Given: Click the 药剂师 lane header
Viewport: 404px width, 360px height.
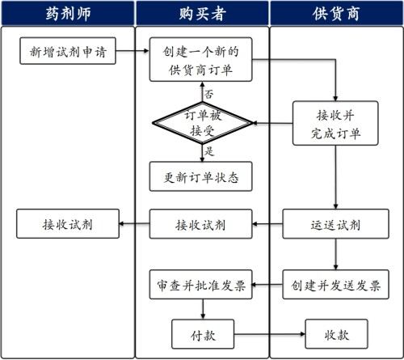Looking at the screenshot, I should [66, 15].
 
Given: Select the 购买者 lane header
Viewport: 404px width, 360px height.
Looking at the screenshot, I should [200, 15].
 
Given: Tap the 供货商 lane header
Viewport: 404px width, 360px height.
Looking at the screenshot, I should [335, 15].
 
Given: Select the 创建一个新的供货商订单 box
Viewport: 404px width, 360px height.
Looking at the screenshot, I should [201, 60].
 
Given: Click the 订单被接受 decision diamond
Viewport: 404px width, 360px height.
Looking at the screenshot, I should [201, 123].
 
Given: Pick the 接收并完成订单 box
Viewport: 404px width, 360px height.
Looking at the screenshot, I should [335, 123].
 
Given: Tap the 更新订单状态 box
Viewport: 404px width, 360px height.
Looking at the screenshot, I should [201, 176].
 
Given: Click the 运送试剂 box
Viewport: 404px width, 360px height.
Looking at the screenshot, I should [335, 223].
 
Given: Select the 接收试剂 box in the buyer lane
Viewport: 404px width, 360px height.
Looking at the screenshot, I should [201, 223].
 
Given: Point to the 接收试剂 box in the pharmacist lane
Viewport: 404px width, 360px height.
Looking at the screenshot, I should [68, 223].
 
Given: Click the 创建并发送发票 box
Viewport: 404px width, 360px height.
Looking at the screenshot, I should [335, 285].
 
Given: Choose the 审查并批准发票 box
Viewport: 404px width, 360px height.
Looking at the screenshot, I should [201, 285].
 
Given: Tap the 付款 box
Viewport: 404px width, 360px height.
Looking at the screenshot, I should [201, 332].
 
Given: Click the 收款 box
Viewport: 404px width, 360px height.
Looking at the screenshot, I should [335, 332].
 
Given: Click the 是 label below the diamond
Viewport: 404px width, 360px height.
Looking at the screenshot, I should [209, 150].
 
